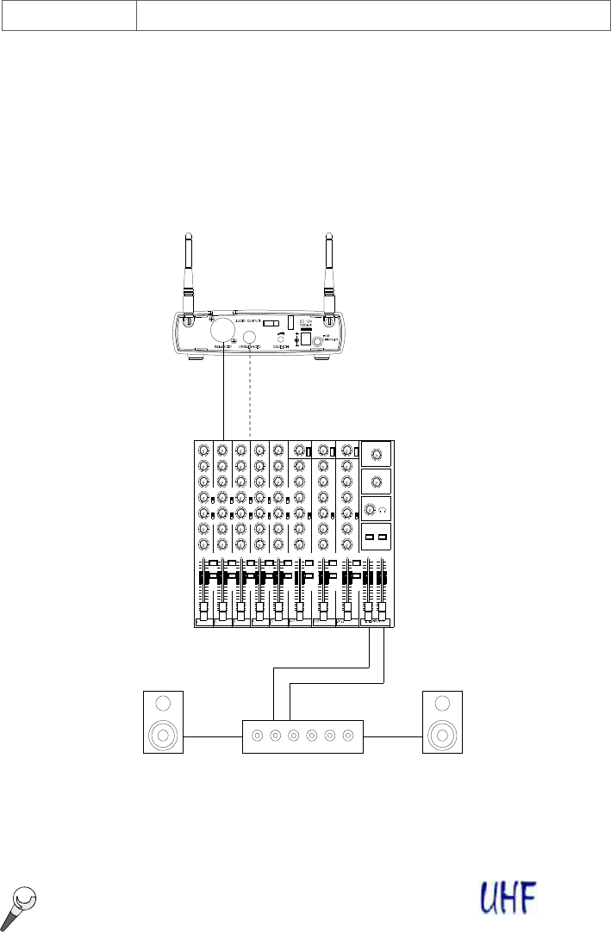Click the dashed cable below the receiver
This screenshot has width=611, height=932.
click(x=250, y=396)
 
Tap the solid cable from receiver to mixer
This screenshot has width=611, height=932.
click(x=223, y=396)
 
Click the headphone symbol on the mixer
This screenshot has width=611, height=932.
click(x=382, y=509)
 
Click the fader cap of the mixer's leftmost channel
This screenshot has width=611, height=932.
click(x=205, y=612)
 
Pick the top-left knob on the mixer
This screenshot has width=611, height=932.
click(x=204, y=450)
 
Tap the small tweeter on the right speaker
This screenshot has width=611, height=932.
click(x=443, y=704)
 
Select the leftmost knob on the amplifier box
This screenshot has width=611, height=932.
click(x=257, y=736)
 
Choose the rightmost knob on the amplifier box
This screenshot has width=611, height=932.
click(x=348, y=736)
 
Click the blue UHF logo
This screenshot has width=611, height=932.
click(x=508, y=897)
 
